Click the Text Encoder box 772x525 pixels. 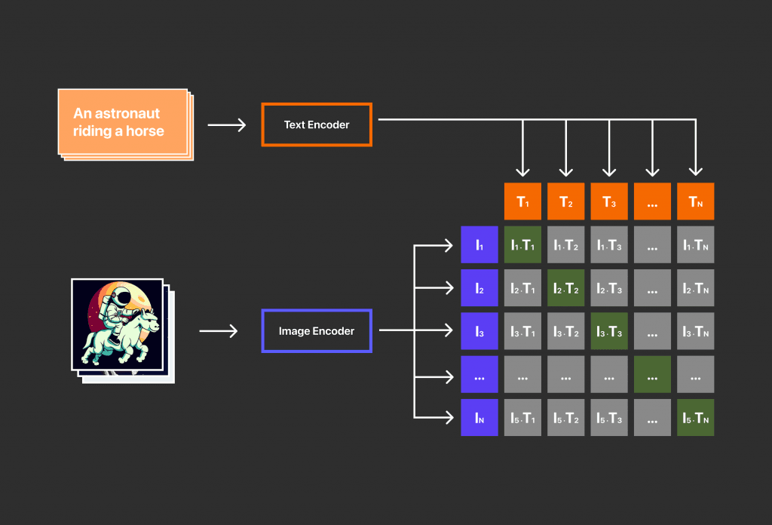[x=317, y=124]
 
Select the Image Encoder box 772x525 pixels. [x=317, y=330]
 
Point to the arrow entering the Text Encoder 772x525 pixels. [x=227, y=124]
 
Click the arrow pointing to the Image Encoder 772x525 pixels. [x=219, y=330]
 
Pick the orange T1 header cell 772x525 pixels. [x=522, y=201]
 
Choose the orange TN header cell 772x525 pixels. [x=695, y=201]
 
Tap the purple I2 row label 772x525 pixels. [x=479, y=287]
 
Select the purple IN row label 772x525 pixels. [x=479, y=417]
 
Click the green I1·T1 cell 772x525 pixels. [x=522, y=244]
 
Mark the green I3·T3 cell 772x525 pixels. [x=609, y=331]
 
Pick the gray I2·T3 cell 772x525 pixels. [x=609, y=287]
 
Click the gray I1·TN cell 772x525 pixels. [x=695, y=244]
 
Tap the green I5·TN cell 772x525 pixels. [x=695, y=417]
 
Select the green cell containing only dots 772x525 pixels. [x=652, y=374]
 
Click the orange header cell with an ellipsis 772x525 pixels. [x=652, y=201]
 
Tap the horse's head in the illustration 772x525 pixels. [x=149, y=323]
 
